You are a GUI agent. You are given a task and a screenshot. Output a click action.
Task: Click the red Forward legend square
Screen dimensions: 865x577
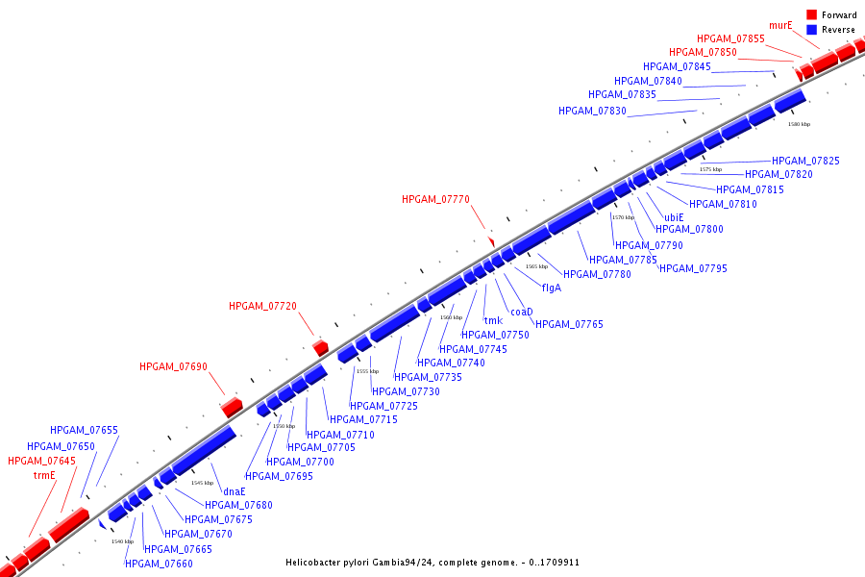(x=812, y=15)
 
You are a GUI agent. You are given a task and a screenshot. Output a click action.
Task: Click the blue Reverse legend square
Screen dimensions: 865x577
(x=812, y=30)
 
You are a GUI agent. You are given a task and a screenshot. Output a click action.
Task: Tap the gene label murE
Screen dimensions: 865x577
(x=780, y=25)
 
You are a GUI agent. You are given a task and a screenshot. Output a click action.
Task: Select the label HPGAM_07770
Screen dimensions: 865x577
(x=435, y=199)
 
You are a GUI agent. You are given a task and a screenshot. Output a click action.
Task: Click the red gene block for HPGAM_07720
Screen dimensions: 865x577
(x=321, y=346)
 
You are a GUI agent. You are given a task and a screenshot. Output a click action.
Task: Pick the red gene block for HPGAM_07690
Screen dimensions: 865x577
(x=232, y=407)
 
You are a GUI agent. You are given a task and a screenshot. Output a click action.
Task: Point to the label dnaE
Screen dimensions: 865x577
(x=235, y=491)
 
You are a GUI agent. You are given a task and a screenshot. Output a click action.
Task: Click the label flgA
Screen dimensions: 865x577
(x=552, y=288)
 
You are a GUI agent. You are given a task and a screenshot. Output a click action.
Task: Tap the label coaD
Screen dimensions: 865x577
(x=521, y=312)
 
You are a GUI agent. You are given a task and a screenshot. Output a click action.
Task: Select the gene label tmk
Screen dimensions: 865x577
(x=493, y=321)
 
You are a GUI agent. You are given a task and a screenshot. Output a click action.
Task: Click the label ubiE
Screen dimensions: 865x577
(x=674, y=217)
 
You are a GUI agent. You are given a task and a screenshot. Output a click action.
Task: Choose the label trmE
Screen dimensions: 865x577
(x=45, y=475)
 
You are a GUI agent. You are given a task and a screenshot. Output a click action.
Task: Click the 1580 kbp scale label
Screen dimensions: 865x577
(x=799, y=124)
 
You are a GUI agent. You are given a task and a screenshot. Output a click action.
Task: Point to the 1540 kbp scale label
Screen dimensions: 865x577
(x=122, y=541)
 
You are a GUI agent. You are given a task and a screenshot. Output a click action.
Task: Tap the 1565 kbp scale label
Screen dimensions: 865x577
(x=536, y=266)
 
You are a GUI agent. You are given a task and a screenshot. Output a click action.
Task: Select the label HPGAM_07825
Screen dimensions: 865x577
(x=805, y=161)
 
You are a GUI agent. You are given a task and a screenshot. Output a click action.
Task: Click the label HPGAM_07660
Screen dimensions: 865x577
(x=159, y=564)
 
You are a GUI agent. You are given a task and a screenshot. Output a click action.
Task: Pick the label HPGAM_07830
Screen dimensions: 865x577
(x=592, y=111)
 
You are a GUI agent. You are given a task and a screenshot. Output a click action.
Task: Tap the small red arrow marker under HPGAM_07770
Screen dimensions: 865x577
(x=491, y=240)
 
